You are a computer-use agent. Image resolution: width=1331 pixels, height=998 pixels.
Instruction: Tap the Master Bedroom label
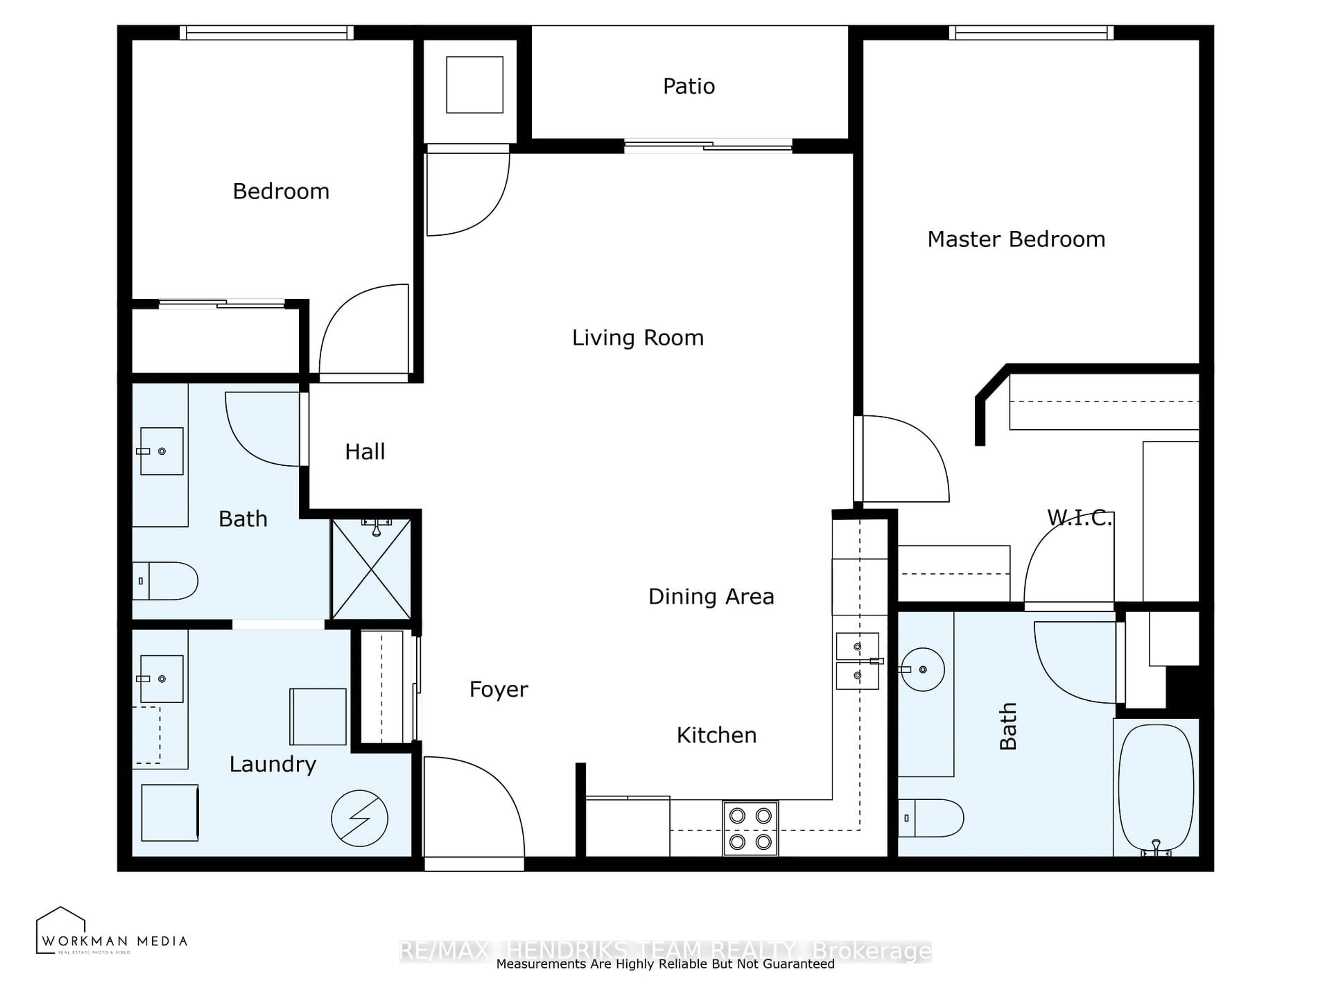(1016, 239)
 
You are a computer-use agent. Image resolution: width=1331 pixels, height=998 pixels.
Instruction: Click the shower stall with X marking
(371, 569)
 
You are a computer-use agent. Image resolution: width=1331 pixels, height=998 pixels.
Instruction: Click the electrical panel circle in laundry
(359, 818)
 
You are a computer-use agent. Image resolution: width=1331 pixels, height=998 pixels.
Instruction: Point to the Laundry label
(272, 764)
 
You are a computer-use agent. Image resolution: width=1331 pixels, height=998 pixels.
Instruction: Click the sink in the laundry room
(161, 679)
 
